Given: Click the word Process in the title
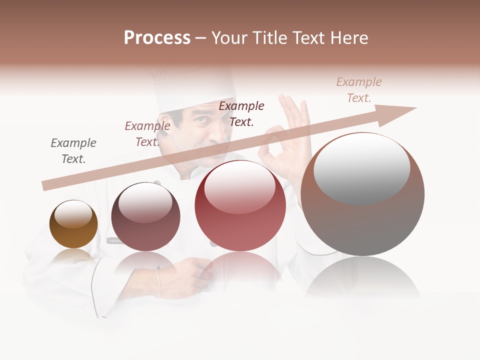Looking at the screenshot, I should click(157, 38).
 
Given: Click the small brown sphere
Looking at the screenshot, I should click(73, 224).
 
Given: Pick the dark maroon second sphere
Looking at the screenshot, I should click(145, 217).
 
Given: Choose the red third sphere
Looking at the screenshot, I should click(240, 206).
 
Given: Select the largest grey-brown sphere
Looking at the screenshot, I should click(362, 195).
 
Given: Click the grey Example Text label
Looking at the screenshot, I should click(73, 151).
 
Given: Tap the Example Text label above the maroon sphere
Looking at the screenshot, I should click(147, 134).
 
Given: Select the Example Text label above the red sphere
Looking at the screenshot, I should click(241, 113).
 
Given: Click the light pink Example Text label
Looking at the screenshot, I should click(359, 90).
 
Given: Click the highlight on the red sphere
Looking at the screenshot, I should click(239, 186).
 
